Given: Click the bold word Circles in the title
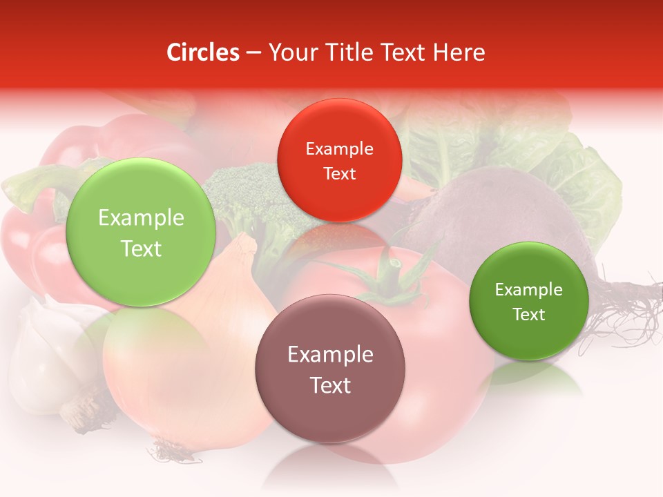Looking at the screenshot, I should click(203, 52).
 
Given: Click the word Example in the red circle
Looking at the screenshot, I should click(339, 149).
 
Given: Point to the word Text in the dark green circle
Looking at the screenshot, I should click(529, 315).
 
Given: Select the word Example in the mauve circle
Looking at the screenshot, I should click(330, 355).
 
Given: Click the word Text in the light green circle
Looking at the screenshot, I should click(141, 248).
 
